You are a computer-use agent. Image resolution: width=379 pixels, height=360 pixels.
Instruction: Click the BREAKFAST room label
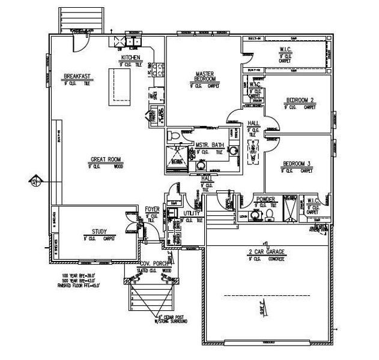77,76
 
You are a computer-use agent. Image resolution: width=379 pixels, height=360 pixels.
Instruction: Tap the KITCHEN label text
130,58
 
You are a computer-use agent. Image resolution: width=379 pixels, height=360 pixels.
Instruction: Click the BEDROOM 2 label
300,100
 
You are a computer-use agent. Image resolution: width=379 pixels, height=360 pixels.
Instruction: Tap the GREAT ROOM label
106,160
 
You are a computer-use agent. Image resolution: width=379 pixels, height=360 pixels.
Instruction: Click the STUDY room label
99,231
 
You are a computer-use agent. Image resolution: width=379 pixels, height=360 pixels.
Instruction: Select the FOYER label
153,210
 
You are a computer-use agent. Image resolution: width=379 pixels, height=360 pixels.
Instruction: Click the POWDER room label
265,199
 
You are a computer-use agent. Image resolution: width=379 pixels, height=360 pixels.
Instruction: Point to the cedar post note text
173,319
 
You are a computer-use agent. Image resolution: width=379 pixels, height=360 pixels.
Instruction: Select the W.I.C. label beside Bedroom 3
312,200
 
